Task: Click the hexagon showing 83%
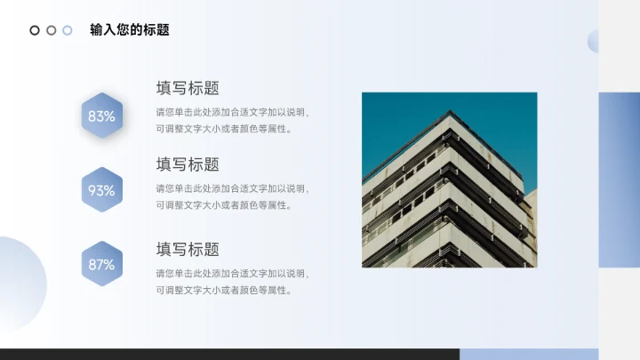tap(101, 116)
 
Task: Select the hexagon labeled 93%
tap(101, 190)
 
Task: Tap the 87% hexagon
tap(101, 264)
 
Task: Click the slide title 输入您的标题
tap(130, 30)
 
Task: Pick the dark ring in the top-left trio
tap(35, 30)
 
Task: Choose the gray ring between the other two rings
tap(51, 30)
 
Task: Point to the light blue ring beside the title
tap(67, 30)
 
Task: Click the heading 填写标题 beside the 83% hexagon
tap(188, 88)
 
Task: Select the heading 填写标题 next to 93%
tap(188, 164)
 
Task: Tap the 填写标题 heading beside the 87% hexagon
tap(188, 250)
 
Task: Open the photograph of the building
tap(449, 196)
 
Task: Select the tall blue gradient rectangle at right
tap(619, 179)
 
